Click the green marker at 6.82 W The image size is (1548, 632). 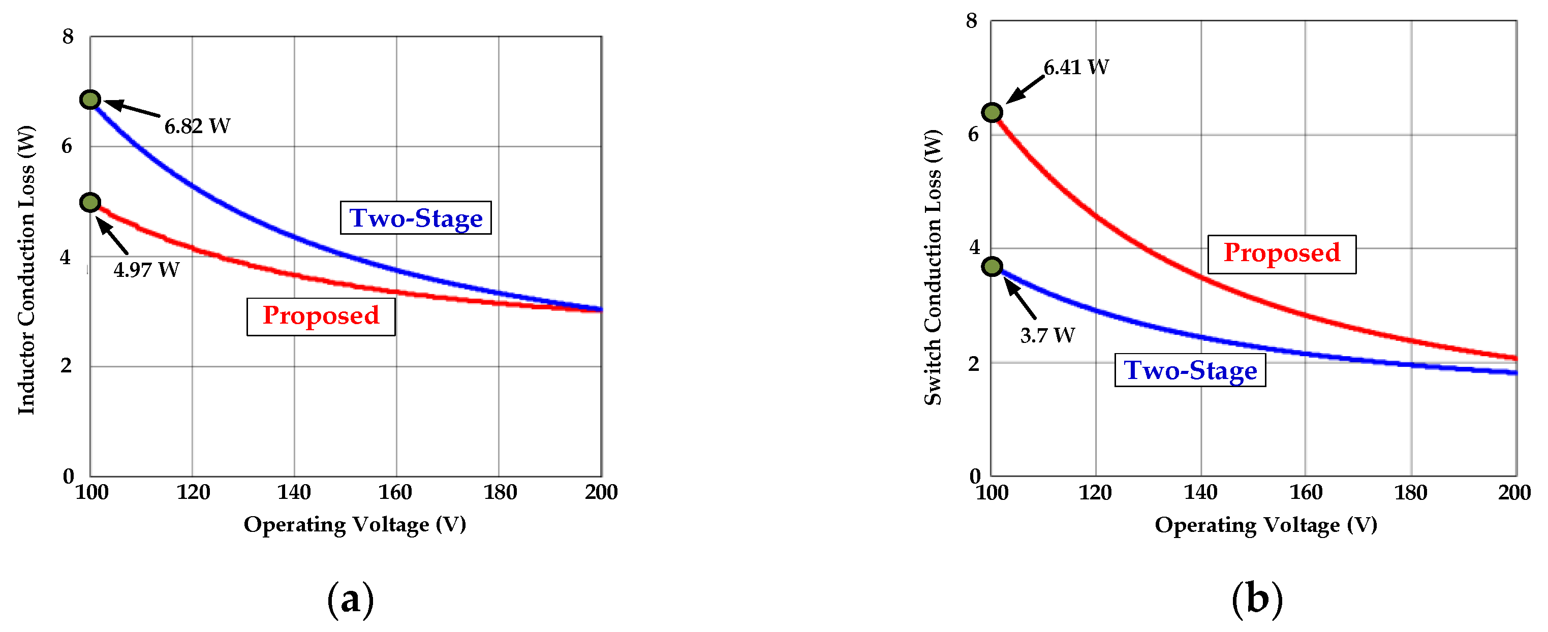pyautogui.click(x=90, y=100)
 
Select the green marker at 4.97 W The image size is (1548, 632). pyautogui.click(x=90, y=203)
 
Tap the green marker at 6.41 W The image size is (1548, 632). pyautogui.click(x=992, y=112)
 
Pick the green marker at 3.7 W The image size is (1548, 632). pyautogui.click(x=992, y=266)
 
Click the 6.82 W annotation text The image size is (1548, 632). pyautogui.click(x=197, y=126)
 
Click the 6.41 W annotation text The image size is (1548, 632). pyautogui.click(x=1076, y=67)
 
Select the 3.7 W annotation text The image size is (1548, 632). pyautogui.click(x=1047, y=335)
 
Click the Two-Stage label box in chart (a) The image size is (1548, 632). pyautogui.click(x=416, y=218)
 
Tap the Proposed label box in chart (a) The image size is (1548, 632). pyautogui.click(x=321, y=316)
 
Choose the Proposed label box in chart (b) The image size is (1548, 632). pyautogui.click(x=1282, y=254)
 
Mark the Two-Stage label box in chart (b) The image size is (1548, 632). pyautogui.click(x=1190, y=370)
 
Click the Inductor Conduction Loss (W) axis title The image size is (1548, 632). pyautogui.click(x=26, y=270)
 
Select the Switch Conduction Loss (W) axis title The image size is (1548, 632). pyautogui.click(x=933, y=267)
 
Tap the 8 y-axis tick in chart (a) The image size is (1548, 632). pyautogui.click(x=68, y=37)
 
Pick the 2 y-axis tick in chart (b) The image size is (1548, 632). pyautogui.click(x=974, y=363)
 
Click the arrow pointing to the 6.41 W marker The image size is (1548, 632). pyautogui.click(x=1025, y=89)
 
